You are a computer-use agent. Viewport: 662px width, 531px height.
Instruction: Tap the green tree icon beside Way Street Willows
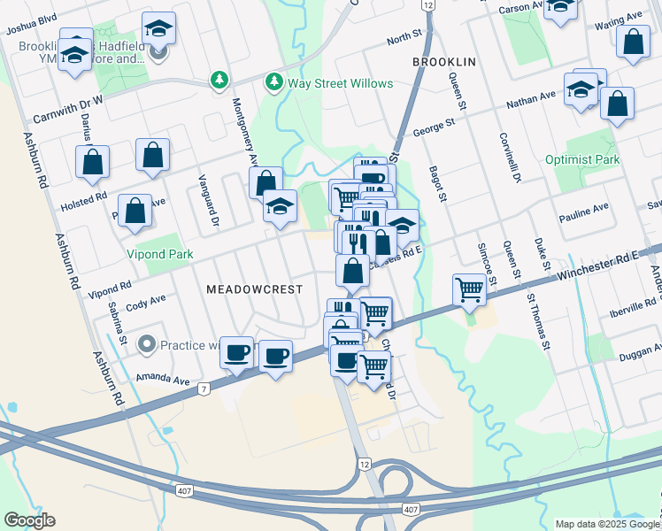coord(274,82)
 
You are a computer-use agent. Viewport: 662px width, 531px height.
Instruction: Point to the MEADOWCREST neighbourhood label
coord(254,289)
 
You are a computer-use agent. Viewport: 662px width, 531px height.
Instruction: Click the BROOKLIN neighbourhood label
coord(444,62)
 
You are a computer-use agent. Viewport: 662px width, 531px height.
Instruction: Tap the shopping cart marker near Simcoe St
coord(468,289)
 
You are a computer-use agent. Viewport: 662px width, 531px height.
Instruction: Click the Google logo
coord(29,520)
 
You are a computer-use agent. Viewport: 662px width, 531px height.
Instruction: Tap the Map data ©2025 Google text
coord(606,524)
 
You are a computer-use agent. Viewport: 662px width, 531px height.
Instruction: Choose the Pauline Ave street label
coord(583,212)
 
